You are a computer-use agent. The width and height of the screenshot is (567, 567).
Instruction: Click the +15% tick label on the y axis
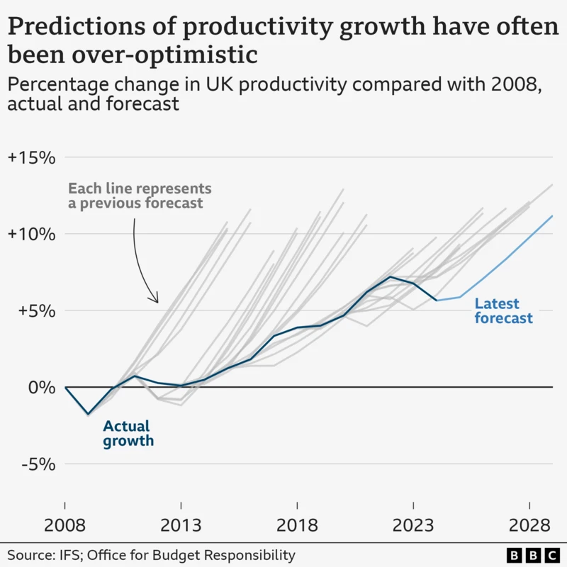tap(31, 157)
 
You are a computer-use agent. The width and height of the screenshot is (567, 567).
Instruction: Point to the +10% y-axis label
tap(31, 234)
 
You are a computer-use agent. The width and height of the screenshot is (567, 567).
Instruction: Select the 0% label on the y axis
tap(40, 387)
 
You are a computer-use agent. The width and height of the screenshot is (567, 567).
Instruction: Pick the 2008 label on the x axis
tap(65, 527)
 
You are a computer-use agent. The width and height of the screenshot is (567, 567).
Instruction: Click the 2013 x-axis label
tap(181, 527)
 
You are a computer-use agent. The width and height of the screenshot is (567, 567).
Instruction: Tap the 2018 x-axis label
tap(297, 527)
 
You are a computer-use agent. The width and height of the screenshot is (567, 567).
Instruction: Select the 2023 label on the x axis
tap(413, 527)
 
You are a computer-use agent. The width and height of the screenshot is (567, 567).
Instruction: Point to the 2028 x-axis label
tap(529, 527)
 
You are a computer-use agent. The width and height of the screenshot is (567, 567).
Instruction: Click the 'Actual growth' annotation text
tap(128, 434)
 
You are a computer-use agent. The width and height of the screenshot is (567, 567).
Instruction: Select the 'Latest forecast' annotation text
tap(503, 311)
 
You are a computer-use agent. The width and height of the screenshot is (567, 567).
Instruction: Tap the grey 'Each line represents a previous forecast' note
tap(140, 196)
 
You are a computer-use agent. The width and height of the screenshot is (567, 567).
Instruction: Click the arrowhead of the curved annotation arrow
tap(156, 301)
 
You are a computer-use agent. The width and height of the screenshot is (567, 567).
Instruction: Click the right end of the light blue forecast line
tap(552, 215)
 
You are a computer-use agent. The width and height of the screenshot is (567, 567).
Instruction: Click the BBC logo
tap(532, 554)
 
